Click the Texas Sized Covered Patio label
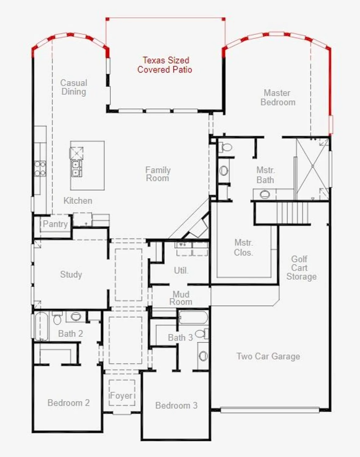165,65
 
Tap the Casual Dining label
73,87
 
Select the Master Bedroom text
278,97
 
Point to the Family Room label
158,174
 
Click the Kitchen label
78,200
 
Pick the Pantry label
55,224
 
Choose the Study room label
71,274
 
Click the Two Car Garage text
268,356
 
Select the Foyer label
121,395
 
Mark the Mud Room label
181,298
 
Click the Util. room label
181,270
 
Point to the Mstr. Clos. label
243,247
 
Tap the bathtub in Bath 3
193,317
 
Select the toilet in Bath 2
57,319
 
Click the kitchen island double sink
76,168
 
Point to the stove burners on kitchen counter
40,168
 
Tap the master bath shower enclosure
312,167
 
